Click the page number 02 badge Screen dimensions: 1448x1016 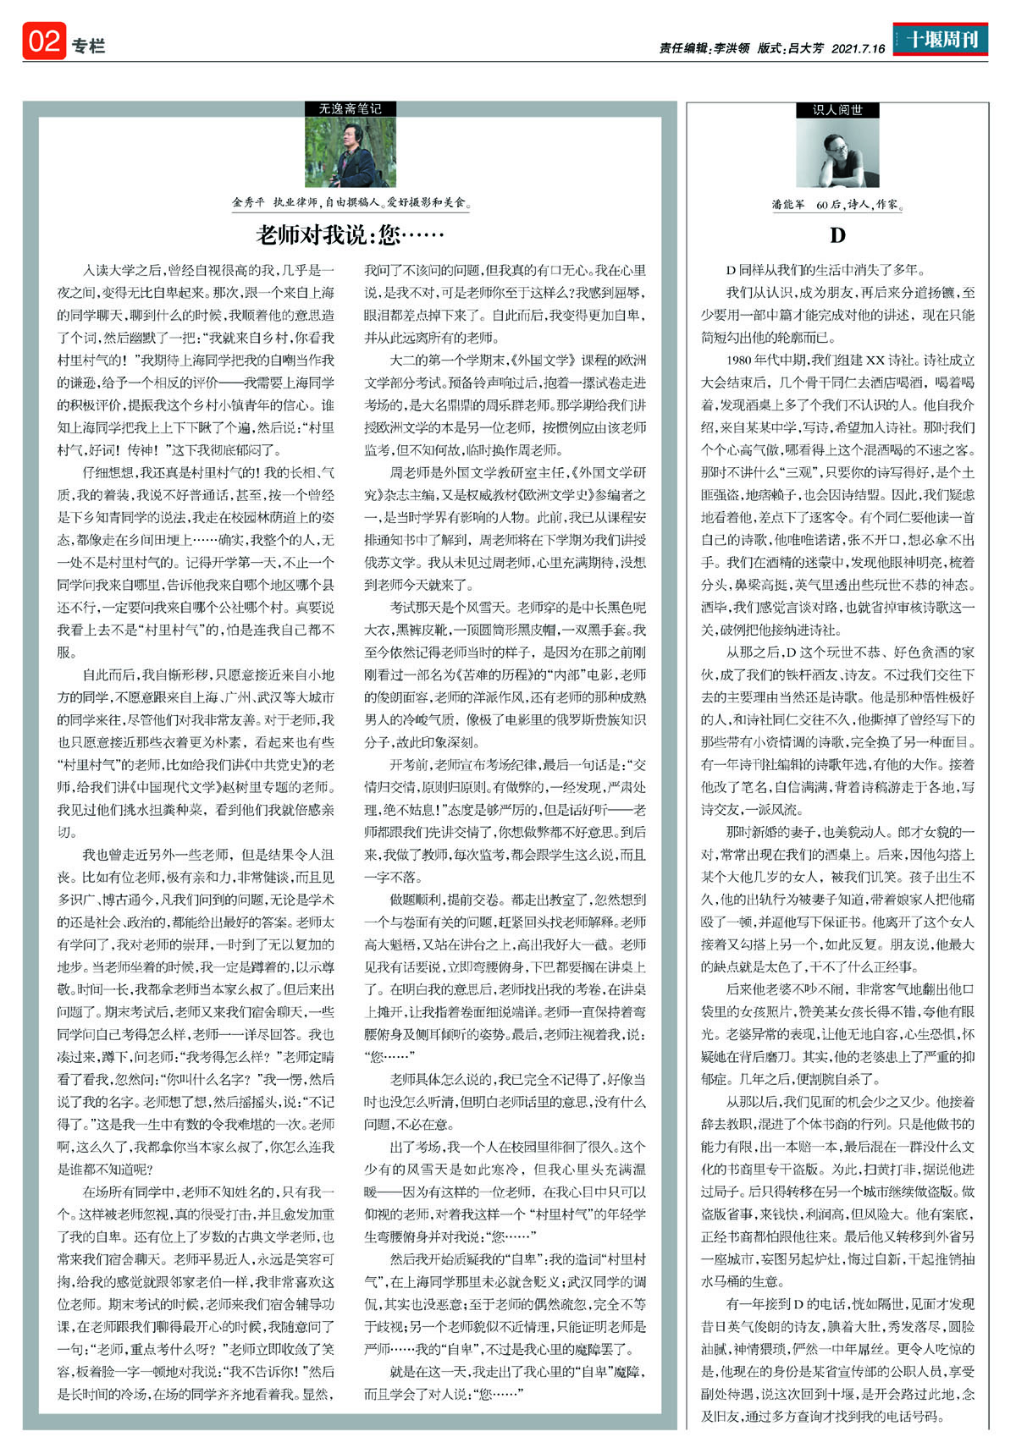[x=44, y=41]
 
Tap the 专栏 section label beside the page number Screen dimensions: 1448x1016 [x=88, y=46]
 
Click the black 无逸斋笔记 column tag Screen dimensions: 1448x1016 [x=350, y=108]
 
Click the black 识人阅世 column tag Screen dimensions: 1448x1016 [x=837, y=110]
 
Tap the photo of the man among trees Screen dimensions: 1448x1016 [x=351, y=152]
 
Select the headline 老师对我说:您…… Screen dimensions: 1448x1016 [x=350, y=234]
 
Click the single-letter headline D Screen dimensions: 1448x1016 [x=837, y=235]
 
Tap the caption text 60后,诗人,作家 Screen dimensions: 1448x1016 [x=859, y=205]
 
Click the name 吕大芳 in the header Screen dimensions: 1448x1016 [x=805, y=49]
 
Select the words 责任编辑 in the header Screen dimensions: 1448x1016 [x=683, y=49]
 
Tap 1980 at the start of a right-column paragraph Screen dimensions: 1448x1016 [x=741, y=360]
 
